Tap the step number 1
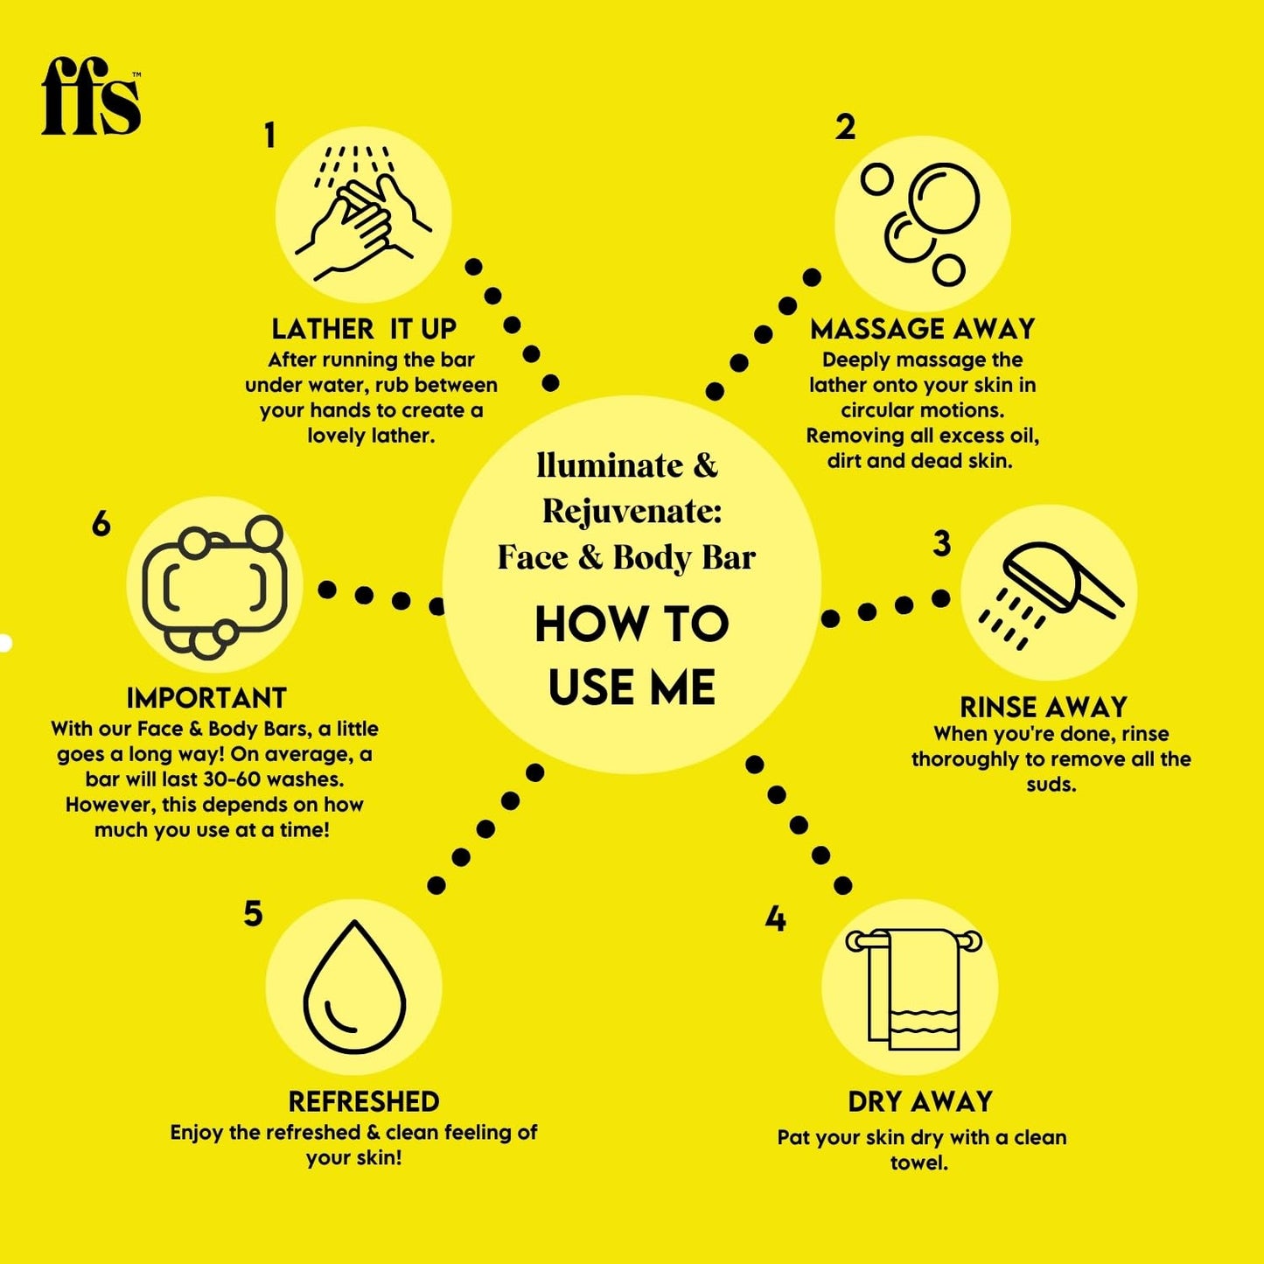click(269, 136)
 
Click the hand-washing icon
click(363, 214)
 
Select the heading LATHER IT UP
click(364, 329)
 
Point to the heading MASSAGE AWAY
click(922, 329)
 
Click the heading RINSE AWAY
click(1043, 707)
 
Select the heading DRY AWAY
click(920, 1101)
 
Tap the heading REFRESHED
click(364, 1101)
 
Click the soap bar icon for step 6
click(214, 585)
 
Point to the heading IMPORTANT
click(206, 698)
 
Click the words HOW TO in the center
click(632, 625)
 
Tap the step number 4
click(775, 919)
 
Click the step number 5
click(253, 913)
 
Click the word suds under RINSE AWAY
click(1051, 785)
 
